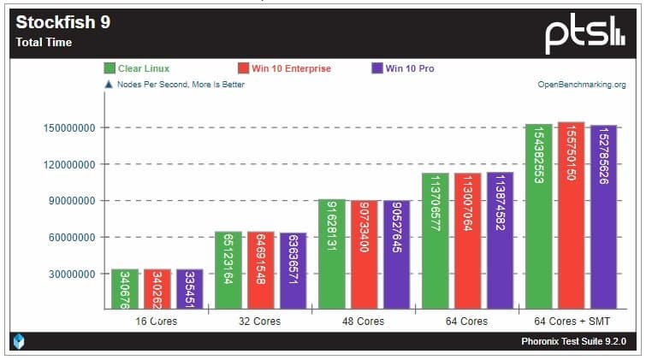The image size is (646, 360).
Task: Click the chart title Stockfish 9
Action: click(63, 23)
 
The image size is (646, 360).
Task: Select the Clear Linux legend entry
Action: click(144, 68)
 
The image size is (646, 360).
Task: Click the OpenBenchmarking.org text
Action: click(581, 85)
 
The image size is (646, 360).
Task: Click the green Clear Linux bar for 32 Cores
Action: click(228, 269)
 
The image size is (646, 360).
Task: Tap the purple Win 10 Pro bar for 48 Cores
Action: click(397, 254)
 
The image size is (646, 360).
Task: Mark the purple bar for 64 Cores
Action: click(501, 239)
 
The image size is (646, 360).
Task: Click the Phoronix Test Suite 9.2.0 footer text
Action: click(573, 341)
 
